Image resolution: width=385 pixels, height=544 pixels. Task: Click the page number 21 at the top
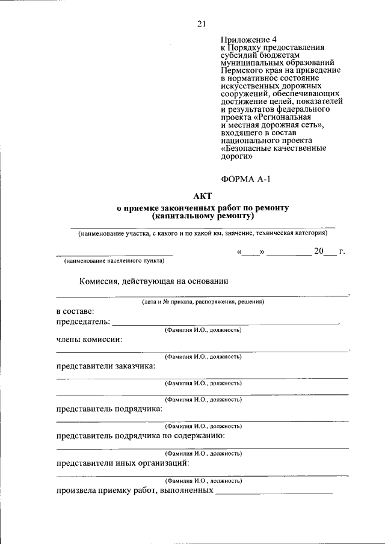201,24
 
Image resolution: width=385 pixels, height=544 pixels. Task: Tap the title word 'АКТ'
202,196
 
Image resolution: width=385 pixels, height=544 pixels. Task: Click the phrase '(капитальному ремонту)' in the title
203,215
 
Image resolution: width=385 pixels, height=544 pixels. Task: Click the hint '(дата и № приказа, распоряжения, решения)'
203,302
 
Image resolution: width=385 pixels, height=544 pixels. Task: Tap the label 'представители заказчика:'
106,365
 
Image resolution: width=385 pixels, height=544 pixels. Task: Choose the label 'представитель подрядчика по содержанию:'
141,435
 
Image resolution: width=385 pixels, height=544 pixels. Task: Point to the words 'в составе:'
75,312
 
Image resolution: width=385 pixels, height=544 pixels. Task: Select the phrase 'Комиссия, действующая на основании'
153,281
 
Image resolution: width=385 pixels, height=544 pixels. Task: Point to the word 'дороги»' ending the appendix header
236,156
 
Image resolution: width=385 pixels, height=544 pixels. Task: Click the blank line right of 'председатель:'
226,324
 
